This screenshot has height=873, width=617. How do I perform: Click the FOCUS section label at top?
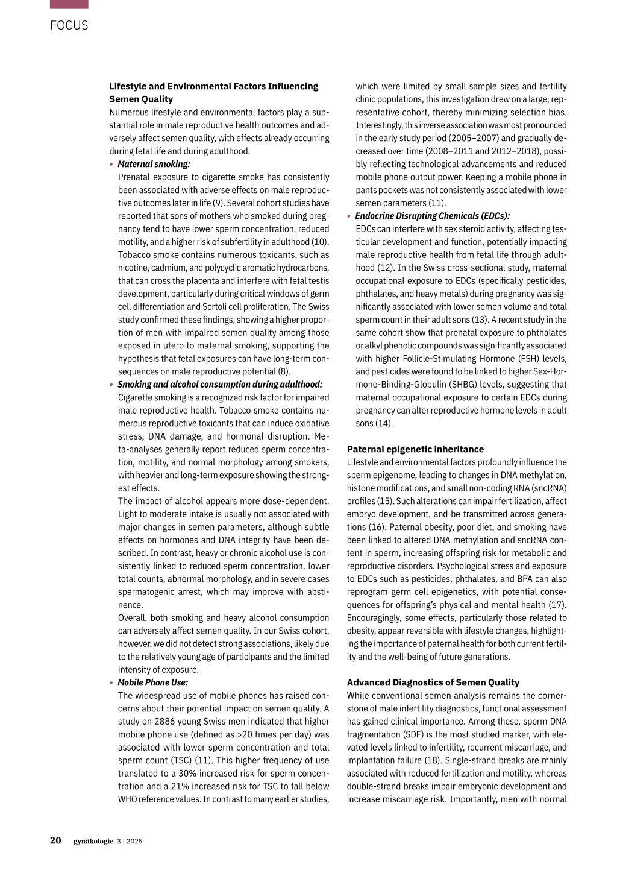[x=69, y=25]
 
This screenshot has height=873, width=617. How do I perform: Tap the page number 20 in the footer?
[x=55, y=840]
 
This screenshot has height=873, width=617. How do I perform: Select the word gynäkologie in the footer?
[x=93, y=841]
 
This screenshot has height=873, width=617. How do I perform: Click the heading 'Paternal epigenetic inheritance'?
[x=415, y=449]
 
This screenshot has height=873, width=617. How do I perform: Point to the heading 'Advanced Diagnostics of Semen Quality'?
[x=433, y=682]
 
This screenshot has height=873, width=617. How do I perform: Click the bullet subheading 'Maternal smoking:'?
[x=154, y=164]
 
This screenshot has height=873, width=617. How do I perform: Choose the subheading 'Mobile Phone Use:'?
[x=152, y=682]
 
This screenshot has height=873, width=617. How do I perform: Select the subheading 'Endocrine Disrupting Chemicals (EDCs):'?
[x=432, y=216]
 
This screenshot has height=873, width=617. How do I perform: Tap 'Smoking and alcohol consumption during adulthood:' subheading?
[x=219, y=385]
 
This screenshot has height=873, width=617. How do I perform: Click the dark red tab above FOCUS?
[x=69, y=4]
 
